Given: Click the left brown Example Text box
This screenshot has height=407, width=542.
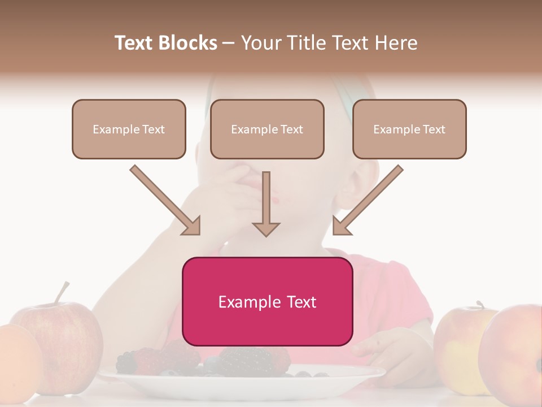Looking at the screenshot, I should [129, 129].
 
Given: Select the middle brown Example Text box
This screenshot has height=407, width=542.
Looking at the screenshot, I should [267, 129].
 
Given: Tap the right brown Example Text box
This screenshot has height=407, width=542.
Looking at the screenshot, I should [409, 129].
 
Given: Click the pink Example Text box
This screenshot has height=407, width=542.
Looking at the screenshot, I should [267, 301].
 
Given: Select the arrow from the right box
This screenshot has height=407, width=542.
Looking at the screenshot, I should [367, 201].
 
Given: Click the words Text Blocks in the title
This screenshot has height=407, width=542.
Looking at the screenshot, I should [165, 43].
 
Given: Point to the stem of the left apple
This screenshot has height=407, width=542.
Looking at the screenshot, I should [63, 292].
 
